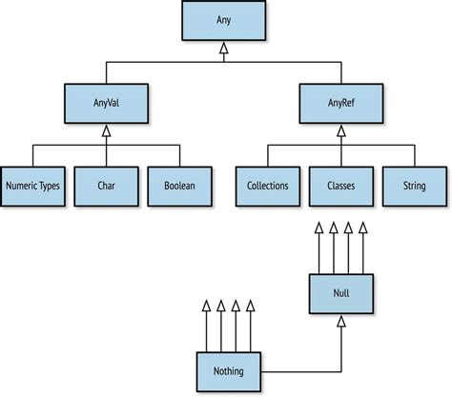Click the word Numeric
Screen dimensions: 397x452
click(21, 186)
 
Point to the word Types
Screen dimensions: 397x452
click(49, 186)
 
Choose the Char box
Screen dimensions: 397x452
click(105, 186)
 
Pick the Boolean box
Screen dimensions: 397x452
click(179, 186)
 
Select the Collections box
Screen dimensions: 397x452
click(267, 186)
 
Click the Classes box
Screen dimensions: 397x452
click(341, 186)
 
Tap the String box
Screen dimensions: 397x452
click(415, 186)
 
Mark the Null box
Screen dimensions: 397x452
click(340, 292)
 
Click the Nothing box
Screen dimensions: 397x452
click(228, 371)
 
